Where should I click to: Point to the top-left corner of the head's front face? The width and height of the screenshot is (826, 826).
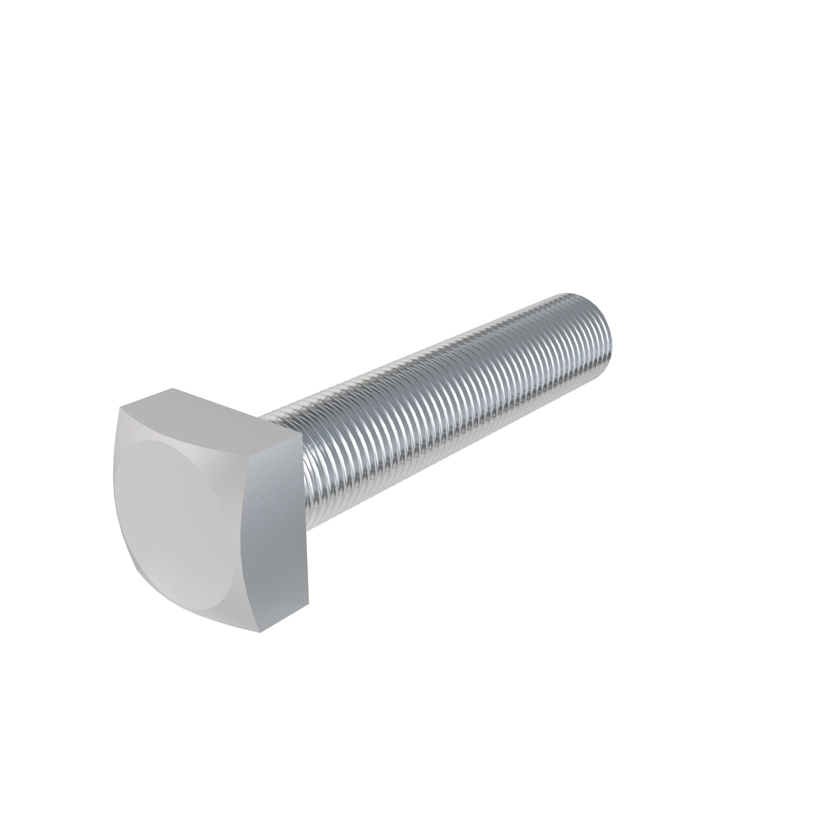coord(121,408)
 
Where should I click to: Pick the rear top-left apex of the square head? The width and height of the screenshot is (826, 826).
coord(173,388)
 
